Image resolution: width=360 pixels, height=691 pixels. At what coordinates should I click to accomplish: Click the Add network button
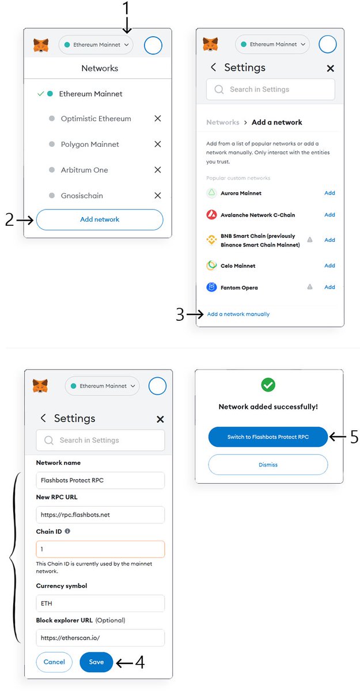pos(100,219)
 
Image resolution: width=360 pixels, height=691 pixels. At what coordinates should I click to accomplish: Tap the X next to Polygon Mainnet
pos(158,144)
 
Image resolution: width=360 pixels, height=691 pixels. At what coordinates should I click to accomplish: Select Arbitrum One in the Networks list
pos(84,170)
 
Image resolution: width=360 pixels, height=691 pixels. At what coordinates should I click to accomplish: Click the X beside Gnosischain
pos(158,196)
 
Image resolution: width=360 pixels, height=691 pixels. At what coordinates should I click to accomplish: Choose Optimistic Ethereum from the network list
pos(96,119)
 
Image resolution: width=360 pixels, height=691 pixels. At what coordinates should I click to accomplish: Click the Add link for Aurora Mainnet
pos(329,193)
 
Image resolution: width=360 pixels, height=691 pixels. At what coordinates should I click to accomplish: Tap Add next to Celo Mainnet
pos(329,265)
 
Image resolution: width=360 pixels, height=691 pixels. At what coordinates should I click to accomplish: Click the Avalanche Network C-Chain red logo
pos(211,215)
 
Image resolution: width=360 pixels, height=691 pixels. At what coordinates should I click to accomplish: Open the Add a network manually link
pos(238,314)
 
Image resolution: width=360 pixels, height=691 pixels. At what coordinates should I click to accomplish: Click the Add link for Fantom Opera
pos(329,287)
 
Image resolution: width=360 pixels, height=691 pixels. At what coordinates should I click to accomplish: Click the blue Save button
pos(96,662)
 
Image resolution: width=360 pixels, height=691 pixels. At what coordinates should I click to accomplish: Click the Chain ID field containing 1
pos(100,549)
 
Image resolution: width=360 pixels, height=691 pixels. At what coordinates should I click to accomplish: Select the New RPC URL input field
pos(100,514)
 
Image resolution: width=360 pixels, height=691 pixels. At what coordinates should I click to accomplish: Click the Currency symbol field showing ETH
pos(100,603)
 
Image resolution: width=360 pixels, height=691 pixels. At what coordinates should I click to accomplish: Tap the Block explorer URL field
pos(100,637)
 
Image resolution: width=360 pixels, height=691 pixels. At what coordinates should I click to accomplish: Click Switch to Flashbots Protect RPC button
pos(268,437)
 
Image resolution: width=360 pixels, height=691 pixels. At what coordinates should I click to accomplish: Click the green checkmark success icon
pos(268,385)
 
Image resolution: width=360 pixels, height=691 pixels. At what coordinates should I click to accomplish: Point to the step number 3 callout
pos(180,314)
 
